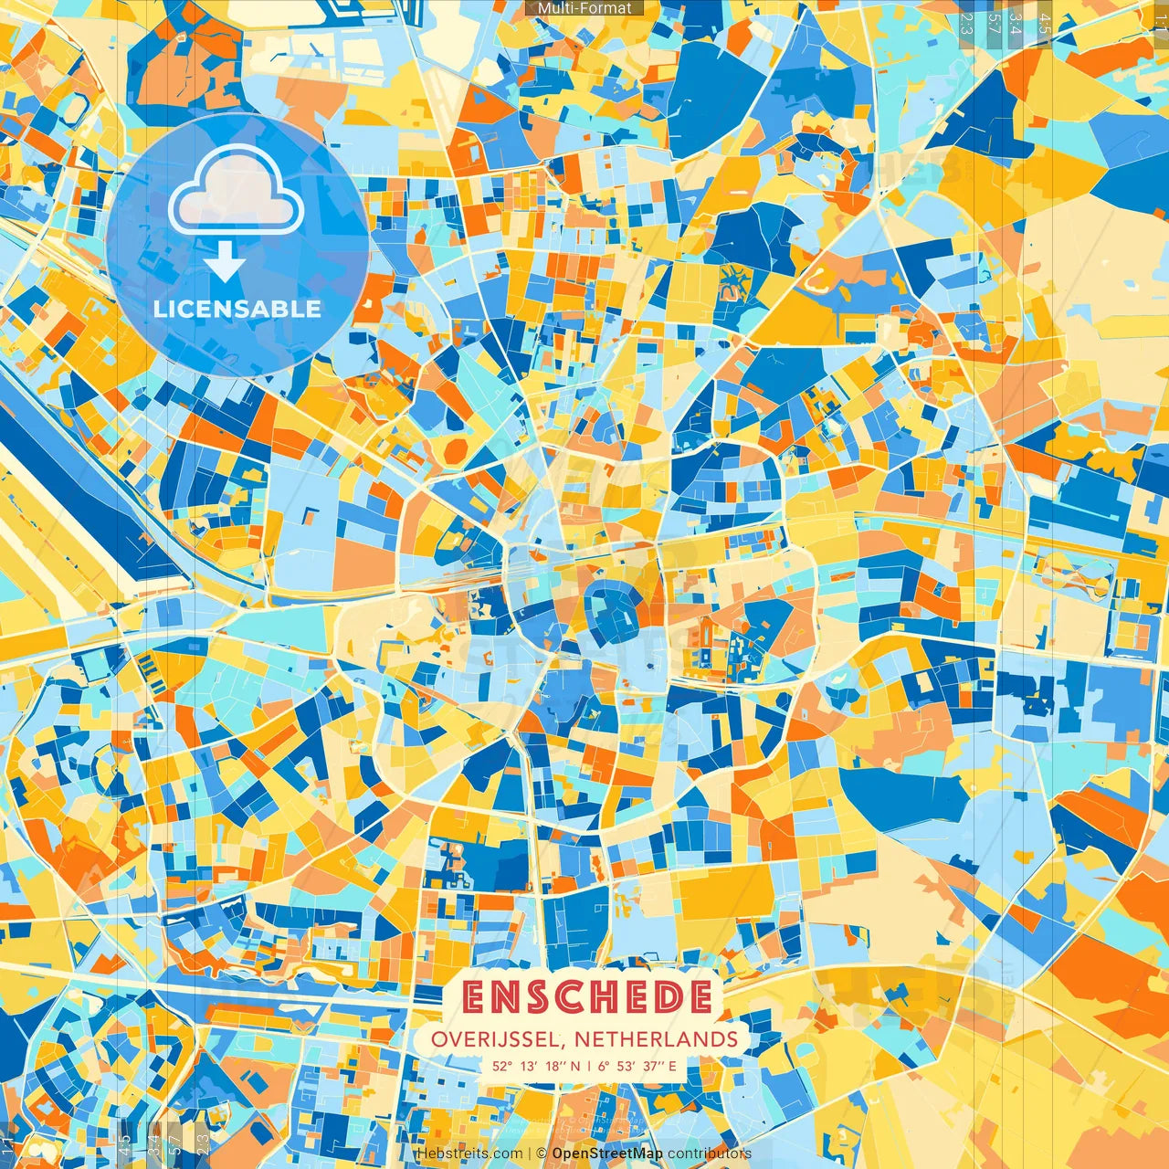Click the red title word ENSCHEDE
586,996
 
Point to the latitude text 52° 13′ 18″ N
535,1066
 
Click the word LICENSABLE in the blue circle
237,309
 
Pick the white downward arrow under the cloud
224,262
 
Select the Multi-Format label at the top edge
584,8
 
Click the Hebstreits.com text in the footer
470,1153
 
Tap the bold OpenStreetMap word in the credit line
607,1153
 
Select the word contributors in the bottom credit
710,1153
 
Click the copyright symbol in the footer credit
542,1153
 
